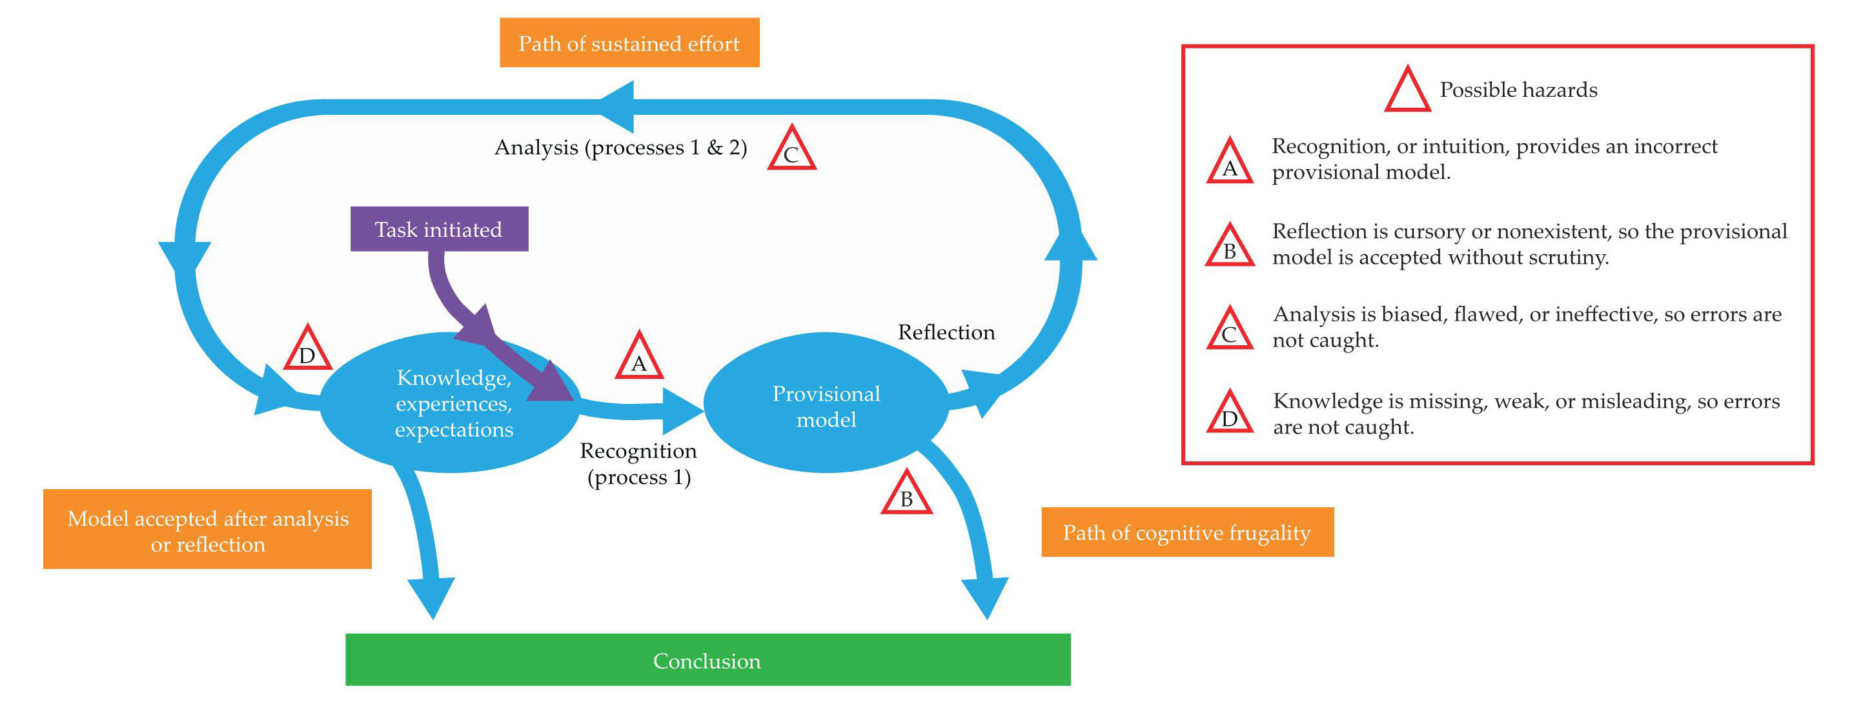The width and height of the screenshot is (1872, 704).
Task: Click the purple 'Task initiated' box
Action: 439,230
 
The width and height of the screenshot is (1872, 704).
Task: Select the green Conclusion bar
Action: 707,659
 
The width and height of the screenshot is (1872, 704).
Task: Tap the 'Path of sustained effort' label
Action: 629,44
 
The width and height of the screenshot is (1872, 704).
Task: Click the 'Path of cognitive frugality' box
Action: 1186,532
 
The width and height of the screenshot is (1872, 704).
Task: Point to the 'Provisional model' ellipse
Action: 826,404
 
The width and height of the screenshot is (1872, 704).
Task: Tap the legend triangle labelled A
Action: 1230,164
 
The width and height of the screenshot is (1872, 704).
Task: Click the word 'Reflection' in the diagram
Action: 946,333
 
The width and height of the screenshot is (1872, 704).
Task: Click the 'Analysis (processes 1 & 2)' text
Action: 620,148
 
